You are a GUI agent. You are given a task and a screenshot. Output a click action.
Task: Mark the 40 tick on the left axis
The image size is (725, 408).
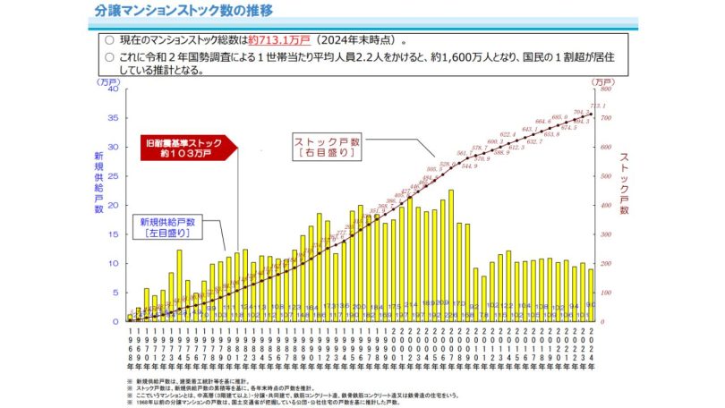(x=114, y=89)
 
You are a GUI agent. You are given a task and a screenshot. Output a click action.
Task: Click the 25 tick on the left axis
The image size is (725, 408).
(x=114, y=176)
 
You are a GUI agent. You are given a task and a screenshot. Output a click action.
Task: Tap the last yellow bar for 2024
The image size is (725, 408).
(x=590, y=294)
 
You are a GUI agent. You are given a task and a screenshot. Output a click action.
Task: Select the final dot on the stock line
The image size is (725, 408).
(x=590, y=114)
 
